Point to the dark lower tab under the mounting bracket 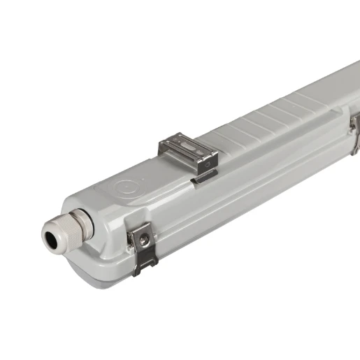click(204, 178)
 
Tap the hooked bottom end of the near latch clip click(143, 269)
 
